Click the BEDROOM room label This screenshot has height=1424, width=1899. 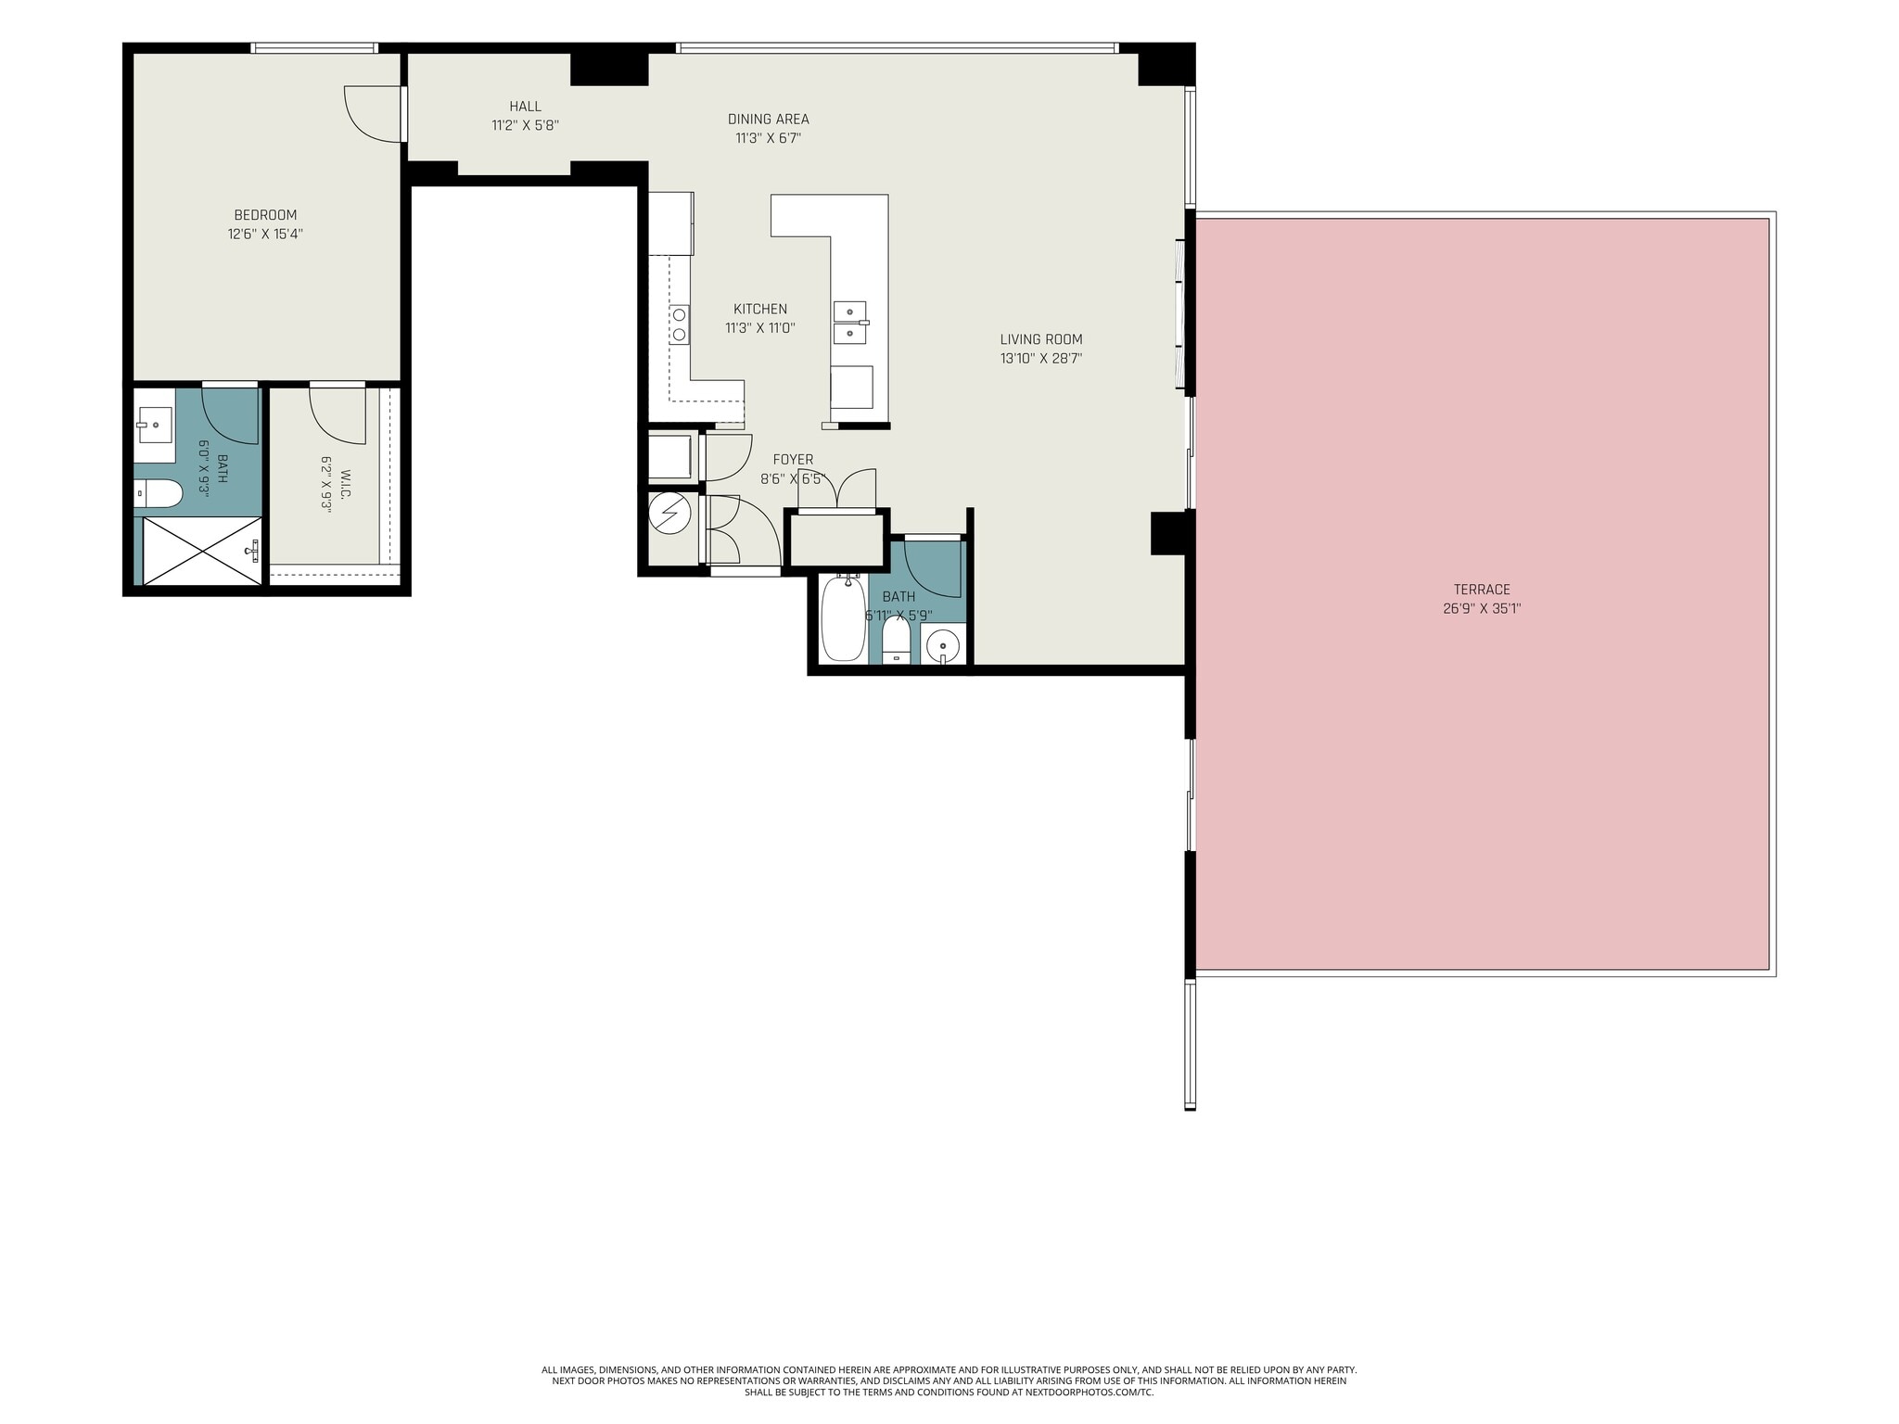click(x=265, y=215)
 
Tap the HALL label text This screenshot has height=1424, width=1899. click(x=525, y=107)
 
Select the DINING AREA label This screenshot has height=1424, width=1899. click(x=768, y=119)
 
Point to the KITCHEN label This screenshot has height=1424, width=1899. click(x=760, y=309)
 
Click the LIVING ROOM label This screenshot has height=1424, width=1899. click(x=1041, y=339)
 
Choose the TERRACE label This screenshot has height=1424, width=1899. click(x=1482, y=590)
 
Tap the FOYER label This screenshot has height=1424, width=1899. click(x=793, y=460)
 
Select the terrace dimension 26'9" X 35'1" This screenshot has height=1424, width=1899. click(x=1482, y=609)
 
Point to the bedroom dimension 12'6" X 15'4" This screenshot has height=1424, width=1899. click(x=265, y=235)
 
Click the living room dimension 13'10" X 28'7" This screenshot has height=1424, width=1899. click(x=1041, y=359)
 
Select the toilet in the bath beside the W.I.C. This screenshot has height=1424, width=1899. click(x=158, y=493)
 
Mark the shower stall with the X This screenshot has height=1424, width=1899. click(x=203, y=551)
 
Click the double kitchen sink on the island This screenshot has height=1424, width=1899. click(x=849, y=322)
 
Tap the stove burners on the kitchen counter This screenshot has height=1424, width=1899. click(x=680, y=324)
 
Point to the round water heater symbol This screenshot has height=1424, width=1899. click(x=669, y=513)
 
